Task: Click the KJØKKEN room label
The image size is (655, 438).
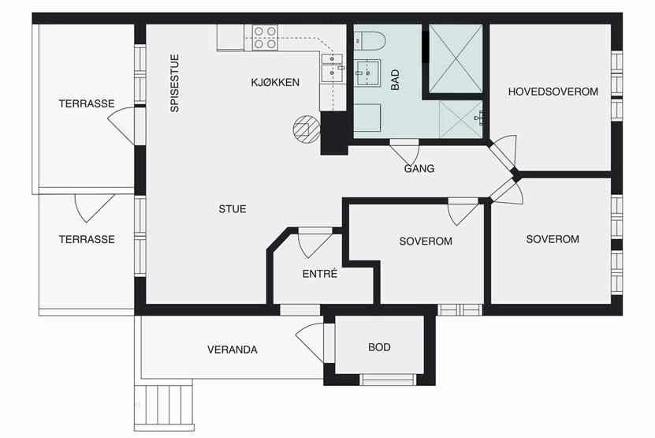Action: [x=275, y=82]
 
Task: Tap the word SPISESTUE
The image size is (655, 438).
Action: [x=175, y=83]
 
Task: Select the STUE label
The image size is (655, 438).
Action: [x=233, y=209]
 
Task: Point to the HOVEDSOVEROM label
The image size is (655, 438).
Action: [x=553, y=92]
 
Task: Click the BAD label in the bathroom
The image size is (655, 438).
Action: [x=395, y=80]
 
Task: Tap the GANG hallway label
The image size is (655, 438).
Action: [x=419, y=169]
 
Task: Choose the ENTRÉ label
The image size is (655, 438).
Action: [x=319, y=274]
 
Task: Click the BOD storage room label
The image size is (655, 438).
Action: [x=379, y=347]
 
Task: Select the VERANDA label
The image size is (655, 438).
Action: [x=233, y=350]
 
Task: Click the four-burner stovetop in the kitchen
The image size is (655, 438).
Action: [x=265, y=37]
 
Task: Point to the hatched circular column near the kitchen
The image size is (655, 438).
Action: [x=306, y=129]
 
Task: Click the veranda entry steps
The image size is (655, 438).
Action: [x=164, y=406]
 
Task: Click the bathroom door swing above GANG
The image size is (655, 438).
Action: [x=404, y=154]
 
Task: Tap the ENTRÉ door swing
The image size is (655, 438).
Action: [x=315, y=244]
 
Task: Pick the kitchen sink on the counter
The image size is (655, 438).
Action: [x=332, y=68]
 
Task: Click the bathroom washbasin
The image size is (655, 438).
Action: [x=367, y=73]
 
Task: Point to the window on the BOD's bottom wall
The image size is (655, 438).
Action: [x=388, y=380]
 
